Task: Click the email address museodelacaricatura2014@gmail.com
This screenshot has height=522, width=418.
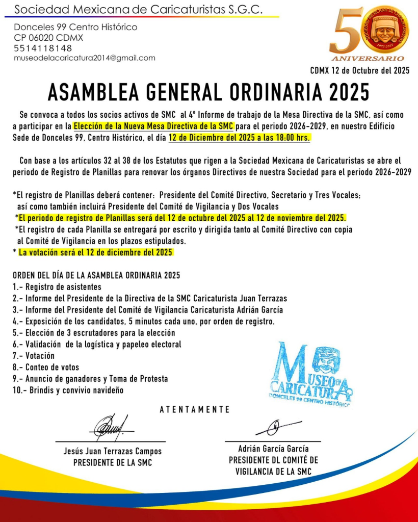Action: [x=85, y=58]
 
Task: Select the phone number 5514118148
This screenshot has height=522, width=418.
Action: [x=43, y=48]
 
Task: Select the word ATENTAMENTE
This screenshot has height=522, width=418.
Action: [x=195, y=409]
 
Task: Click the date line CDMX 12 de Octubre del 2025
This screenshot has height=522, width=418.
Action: [x=360, y=70]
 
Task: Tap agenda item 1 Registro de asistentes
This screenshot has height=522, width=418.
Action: [x=57, y=286]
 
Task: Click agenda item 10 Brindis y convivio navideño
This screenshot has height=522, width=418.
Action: [x=68, y=390]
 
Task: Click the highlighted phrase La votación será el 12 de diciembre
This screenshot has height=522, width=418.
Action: [x=95, y=252]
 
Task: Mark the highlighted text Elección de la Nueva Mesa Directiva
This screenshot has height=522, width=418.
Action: [x=153, y=125]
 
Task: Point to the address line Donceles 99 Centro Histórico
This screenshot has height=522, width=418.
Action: [x=75, y=27]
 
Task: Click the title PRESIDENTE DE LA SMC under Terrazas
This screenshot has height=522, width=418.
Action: [x=113, y=463]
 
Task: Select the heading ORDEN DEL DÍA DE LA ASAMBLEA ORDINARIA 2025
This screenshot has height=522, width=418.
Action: [x=96, y=275]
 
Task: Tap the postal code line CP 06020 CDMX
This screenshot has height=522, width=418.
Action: [x=48, y=38]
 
